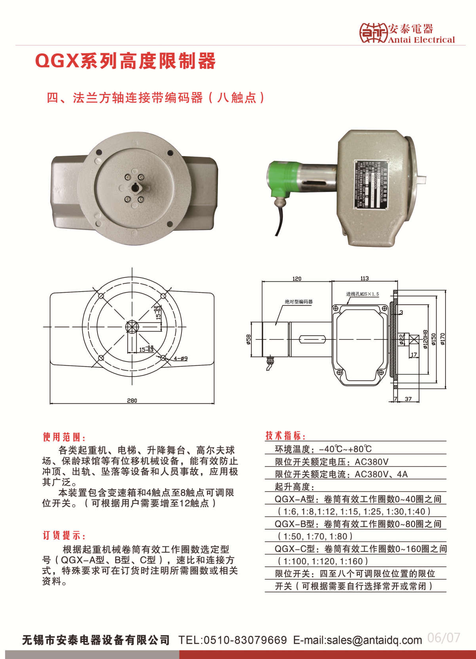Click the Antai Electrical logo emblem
click(373, 33)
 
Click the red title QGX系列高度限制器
click(126, 61)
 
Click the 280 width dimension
click(132, 400)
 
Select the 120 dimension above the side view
click(297, 279)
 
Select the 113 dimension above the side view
click(365, 278)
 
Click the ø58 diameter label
click(248, 339)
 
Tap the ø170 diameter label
click(443, 339)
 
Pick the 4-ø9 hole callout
click(181, 358)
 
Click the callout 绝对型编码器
click(298, 301)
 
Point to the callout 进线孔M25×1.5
click(363, 294)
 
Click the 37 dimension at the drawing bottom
click(408, 399)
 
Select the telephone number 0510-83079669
click(245, 640)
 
